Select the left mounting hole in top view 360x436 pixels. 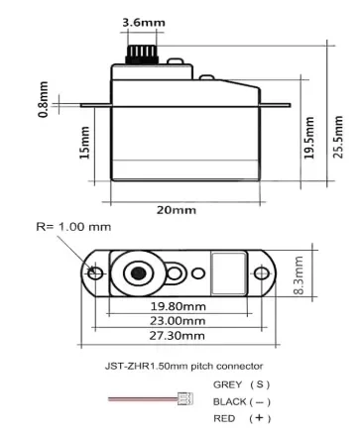click(95, 272)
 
